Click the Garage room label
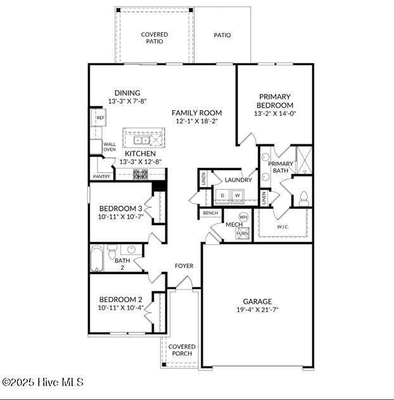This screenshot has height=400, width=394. [257, 301]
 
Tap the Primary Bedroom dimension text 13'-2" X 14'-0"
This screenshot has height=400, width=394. [275, 114]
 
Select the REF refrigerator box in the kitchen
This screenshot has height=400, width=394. [99, 118]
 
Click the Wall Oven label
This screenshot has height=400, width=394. [109, 147]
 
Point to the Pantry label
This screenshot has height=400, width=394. [101, 177]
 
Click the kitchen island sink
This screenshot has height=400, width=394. [141, 140]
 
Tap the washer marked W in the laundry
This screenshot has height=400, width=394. [238, 196]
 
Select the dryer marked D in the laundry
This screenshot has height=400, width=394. [222, 196]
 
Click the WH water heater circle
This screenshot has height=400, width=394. [243, 217]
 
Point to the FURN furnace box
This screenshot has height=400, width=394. [243, 233]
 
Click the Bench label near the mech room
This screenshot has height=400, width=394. [210, 213]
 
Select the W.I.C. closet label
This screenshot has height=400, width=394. [283, 227]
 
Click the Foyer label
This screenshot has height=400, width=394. [184, 266]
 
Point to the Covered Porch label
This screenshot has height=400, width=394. [182, 350]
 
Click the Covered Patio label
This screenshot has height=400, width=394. [155, 38]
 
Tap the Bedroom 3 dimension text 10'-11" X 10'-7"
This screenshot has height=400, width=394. [120, 216]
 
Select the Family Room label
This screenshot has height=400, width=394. [196, 113]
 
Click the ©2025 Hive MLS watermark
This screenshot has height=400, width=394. [42, 382]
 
